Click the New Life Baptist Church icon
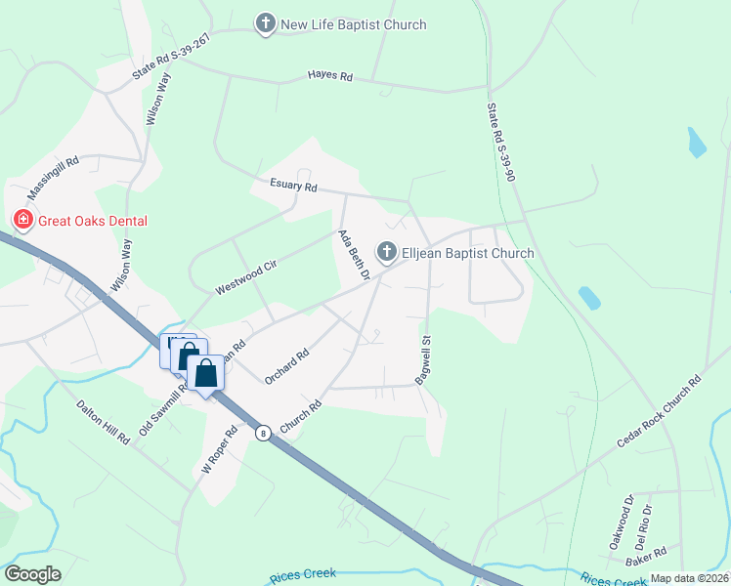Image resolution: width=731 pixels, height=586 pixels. click(265, 23)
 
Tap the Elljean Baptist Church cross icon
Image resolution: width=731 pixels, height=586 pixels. click(387, 253)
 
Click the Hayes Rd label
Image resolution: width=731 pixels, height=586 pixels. click(329, 75)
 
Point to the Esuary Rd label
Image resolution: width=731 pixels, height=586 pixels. click(294, 186)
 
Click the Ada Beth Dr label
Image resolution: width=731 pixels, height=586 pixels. click(352, 255)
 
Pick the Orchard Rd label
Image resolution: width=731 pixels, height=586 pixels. click(286, 365)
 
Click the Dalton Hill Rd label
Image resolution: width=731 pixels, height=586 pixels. click(104, 421)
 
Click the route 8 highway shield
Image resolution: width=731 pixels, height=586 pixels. click(262, 432)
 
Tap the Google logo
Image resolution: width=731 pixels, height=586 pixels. click(32, 574)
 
